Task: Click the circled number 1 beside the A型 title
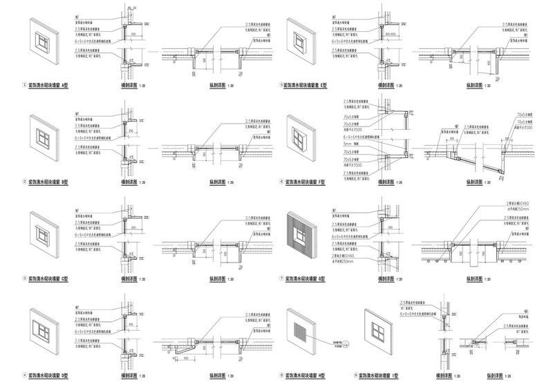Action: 25,86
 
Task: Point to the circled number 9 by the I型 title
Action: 356,376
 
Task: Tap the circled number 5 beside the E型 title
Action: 281,86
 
